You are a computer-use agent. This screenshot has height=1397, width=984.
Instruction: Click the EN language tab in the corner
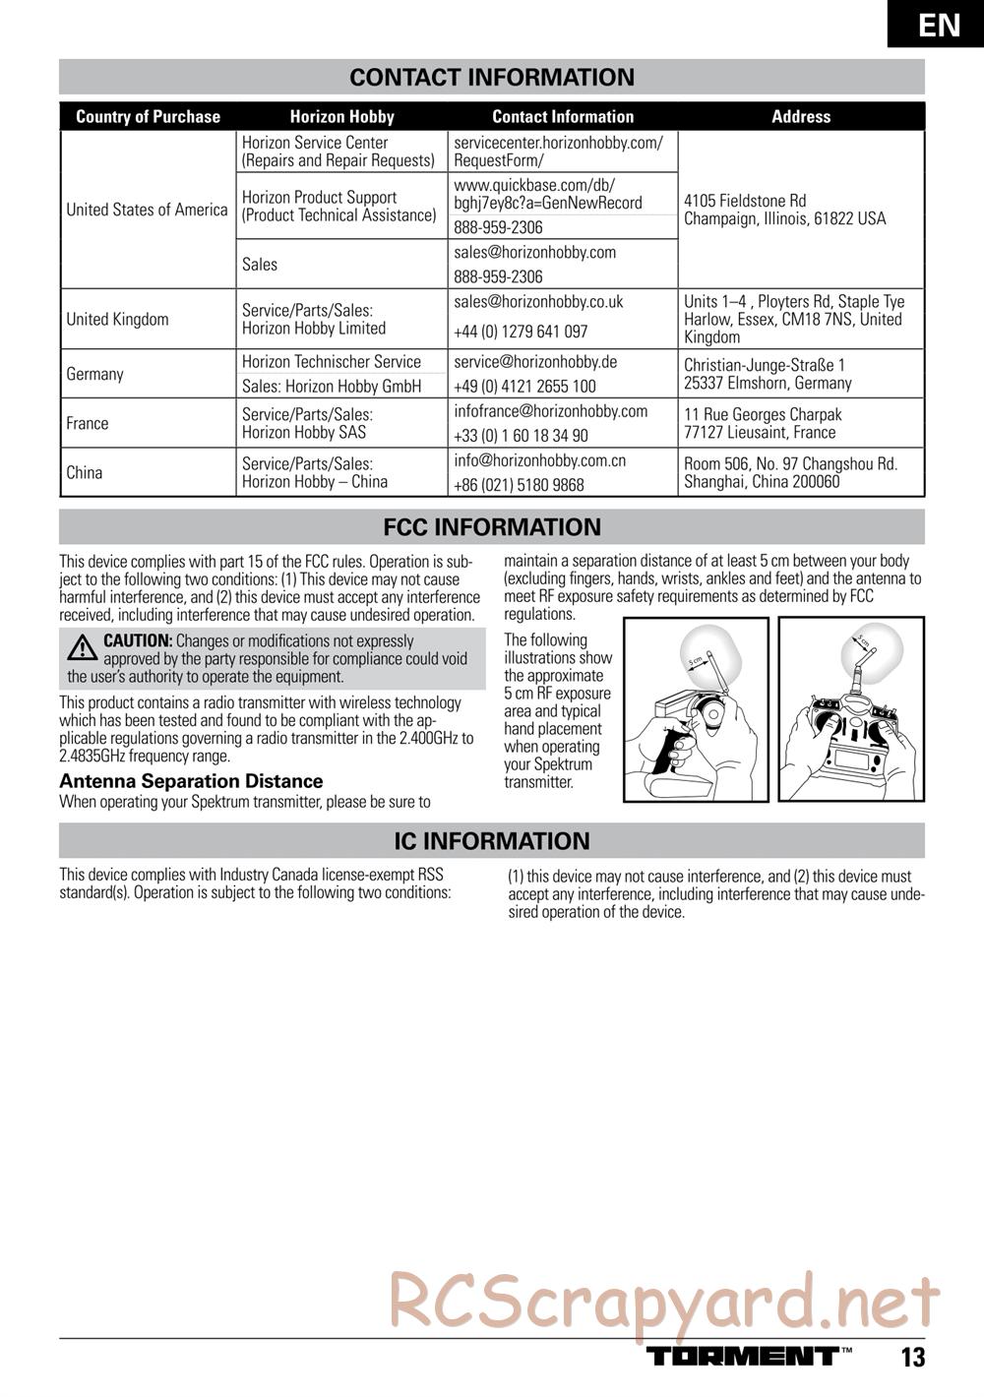[939, 25]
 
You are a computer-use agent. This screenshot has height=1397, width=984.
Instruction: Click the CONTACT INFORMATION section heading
[492, 78]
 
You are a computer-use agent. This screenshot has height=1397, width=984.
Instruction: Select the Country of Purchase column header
[148, 117]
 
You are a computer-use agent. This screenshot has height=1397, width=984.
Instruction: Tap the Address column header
[801, 117]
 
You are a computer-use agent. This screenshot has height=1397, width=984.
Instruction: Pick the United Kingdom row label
[117, 320]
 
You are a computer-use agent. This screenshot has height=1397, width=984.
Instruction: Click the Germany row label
[94, 374]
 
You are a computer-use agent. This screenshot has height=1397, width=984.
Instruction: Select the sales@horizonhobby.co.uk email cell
[538, 302]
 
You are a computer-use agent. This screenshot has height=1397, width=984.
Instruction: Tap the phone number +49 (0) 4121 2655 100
[524, 387]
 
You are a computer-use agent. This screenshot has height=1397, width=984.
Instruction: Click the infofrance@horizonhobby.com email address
[550, 411]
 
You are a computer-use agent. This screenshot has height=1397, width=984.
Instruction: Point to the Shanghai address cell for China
[790, 473]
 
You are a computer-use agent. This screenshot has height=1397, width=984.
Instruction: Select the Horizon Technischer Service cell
[331, 362]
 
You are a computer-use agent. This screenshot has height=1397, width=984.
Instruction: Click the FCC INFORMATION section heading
[492, 527]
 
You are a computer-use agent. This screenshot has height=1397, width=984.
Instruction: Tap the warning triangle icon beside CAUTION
[80, 647]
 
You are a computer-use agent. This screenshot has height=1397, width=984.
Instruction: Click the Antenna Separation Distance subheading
[191, 781]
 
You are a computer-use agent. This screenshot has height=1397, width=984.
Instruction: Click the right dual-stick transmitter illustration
[851, 709]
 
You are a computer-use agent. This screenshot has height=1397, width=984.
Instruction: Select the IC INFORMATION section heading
[492, 841]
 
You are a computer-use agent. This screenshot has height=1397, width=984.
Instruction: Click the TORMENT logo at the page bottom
[742, 1357]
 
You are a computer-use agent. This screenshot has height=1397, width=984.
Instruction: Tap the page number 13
[912, 1358]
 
